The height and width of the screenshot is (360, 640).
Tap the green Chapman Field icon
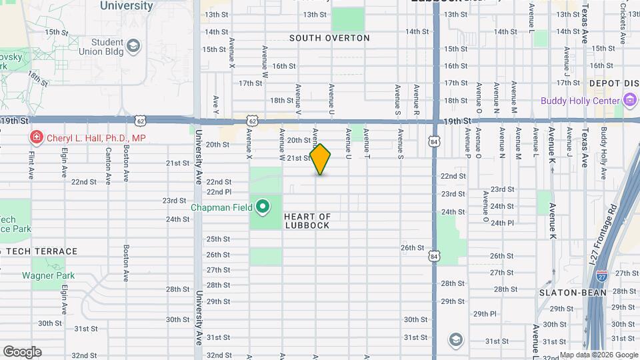(263, 207)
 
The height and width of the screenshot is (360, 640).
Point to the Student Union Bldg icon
(133, 45)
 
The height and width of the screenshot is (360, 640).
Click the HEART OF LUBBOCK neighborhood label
(307, 221)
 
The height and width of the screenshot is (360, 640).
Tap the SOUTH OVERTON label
(329, 38)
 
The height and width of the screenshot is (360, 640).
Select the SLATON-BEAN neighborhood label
(573, 292)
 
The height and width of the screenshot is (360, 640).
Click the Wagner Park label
(48, 275)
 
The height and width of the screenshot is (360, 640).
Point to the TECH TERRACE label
(40, 251)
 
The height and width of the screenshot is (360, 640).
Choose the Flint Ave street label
(31, 165)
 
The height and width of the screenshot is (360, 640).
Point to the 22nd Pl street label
(219, 191)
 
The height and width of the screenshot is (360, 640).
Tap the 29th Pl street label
(485, 313)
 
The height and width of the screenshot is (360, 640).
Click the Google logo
(22, 352)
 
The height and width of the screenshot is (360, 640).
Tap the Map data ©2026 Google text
(598, 355)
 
